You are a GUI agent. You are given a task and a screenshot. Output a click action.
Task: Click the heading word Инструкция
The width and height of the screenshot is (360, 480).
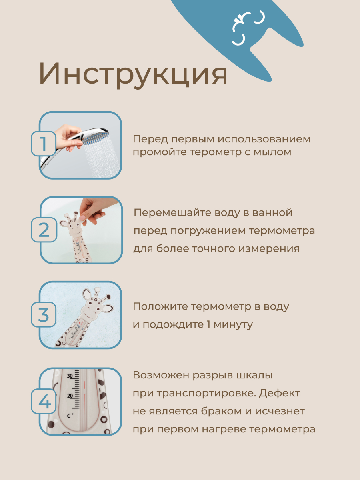133,74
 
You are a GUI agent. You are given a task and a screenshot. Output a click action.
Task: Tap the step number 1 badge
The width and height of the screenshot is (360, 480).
44,144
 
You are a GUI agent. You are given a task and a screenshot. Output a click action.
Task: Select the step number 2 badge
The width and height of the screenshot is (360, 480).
44,230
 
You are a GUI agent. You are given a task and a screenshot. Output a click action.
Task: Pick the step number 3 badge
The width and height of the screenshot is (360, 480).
44,315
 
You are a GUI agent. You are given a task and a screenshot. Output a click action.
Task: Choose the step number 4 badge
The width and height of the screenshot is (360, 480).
44,401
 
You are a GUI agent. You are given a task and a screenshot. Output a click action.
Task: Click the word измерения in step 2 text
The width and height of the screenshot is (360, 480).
269,249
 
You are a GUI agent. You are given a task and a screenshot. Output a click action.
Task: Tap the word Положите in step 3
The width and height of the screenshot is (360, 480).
160,306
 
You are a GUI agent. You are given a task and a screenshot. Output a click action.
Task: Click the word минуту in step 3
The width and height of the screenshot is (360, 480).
233,324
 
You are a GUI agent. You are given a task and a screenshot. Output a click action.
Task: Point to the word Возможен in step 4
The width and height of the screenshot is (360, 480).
160,375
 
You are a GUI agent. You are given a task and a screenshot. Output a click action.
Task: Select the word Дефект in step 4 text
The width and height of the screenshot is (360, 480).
279,393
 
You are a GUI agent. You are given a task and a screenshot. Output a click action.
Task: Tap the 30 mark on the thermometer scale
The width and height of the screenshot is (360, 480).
70,376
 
